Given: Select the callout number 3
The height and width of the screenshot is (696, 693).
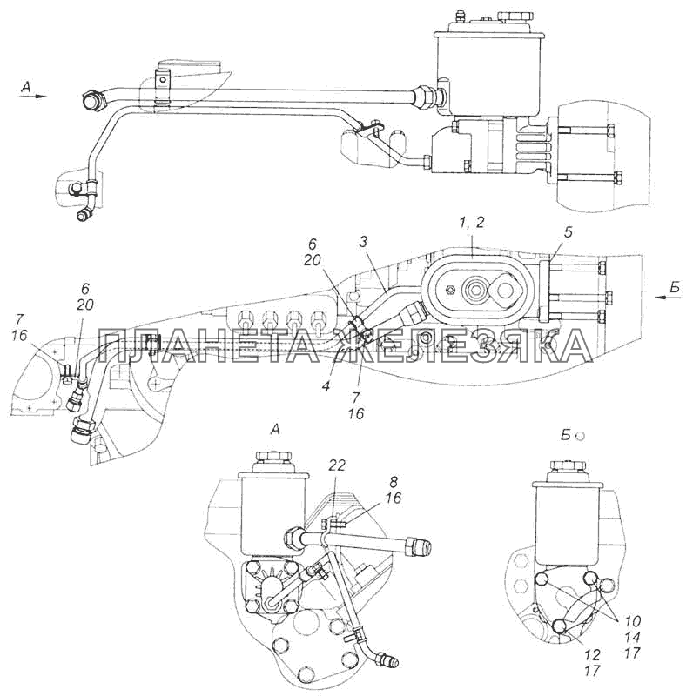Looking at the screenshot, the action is click(x=363, y=242).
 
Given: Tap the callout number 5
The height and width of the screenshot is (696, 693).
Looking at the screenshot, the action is click(x=569, y=232).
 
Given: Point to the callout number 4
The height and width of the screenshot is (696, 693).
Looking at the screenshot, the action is click(x=326, y=386).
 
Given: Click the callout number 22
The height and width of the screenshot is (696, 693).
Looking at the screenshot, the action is click(x=337, y=465).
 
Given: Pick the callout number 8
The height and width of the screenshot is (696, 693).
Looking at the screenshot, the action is click(x=394, y=482).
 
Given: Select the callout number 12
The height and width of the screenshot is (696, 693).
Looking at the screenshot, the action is click(x=593, y=655).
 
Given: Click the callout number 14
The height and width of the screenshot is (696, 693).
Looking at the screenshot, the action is click(x=632, y=637).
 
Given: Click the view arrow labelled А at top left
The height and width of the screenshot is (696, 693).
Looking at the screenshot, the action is click(x=31, y=90).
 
